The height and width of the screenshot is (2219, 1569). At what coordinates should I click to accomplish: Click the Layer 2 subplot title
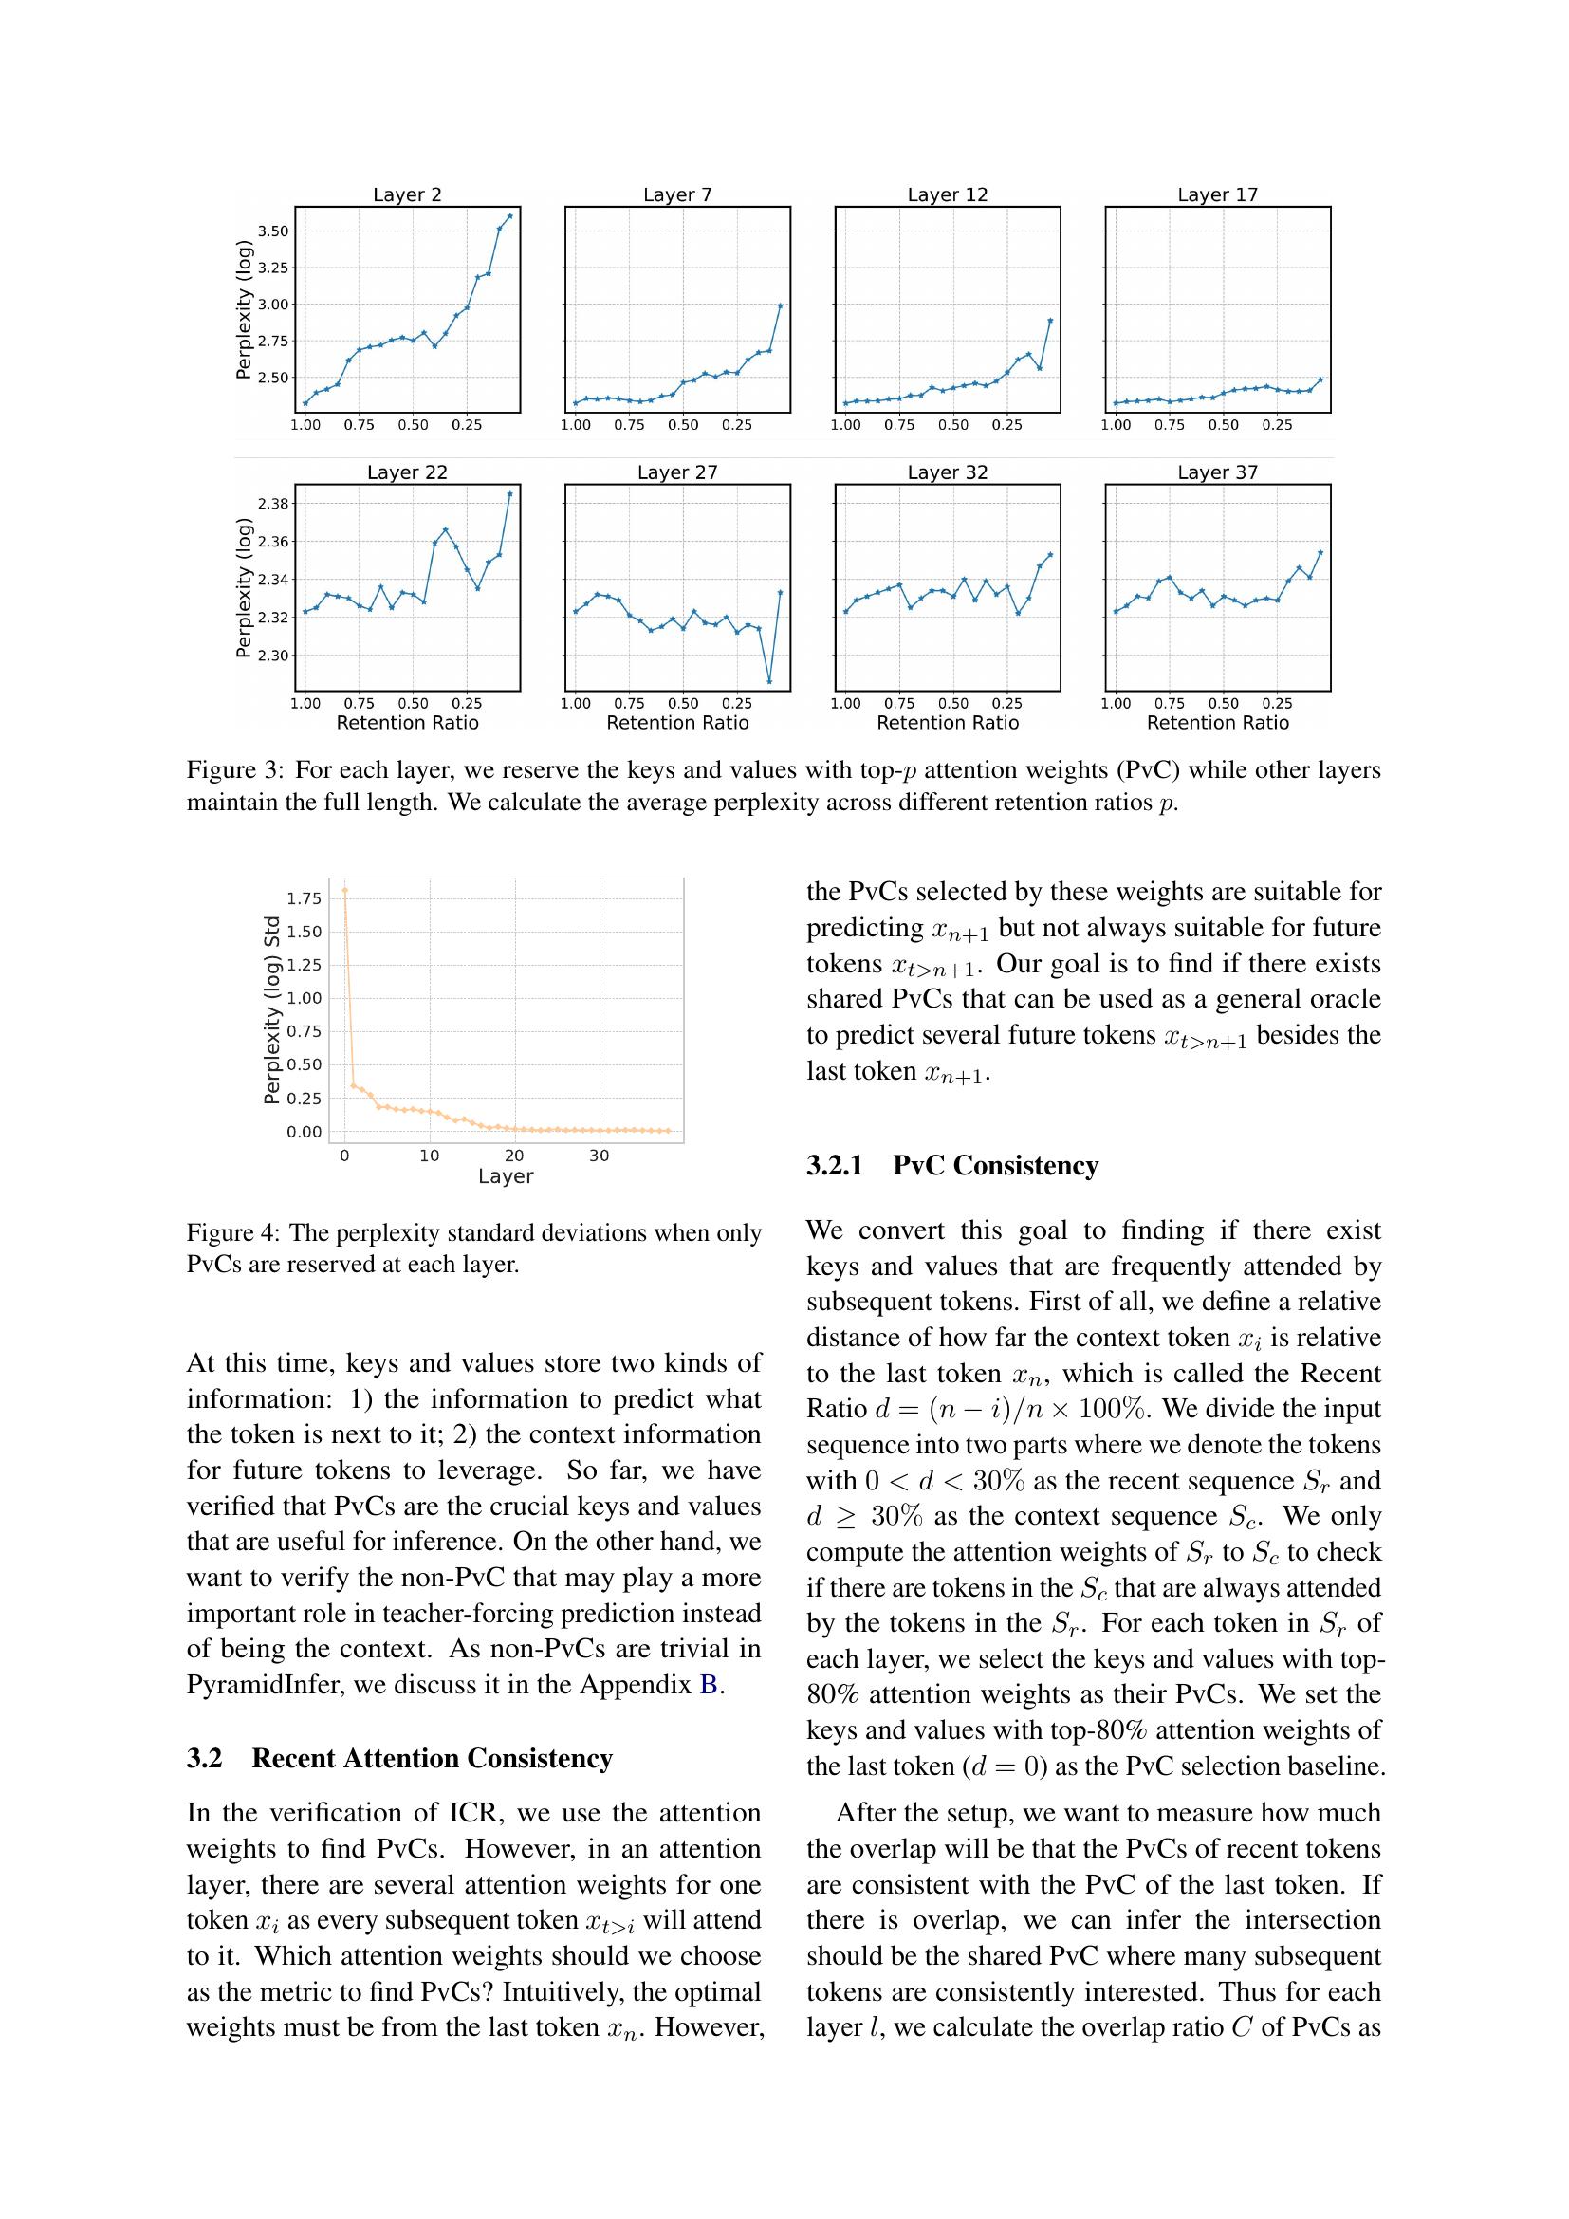coord(407,194)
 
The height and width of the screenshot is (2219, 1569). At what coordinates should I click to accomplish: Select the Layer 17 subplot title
coord(1217,194)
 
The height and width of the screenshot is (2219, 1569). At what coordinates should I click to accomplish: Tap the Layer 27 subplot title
coord(677,472)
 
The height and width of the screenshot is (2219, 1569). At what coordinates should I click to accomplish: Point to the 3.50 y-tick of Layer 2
coord(272,231)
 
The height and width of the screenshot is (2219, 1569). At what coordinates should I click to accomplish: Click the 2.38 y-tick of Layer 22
coord(272,504)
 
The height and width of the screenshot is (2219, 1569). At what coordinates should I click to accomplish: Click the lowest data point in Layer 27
coord(769,681)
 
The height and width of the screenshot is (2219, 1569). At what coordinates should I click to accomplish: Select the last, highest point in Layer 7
coord(781,305)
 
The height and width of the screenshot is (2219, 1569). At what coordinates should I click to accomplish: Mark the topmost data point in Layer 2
coord(510,216)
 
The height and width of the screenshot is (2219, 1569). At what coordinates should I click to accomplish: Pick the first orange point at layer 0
coord(345,890)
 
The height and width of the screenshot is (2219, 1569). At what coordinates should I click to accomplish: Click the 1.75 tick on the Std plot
coord(304,898)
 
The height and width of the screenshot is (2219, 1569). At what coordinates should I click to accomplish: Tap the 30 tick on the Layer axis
coord(599,1156)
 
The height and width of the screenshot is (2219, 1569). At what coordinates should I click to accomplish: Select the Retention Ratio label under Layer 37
coord(1217,723)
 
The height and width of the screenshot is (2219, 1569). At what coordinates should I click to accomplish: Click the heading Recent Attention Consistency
coord(432,1758)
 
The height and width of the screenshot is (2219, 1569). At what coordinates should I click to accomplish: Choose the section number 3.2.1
coord(835,1166)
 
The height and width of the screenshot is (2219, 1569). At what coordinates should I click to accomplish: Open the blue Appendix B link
coord(709,1685)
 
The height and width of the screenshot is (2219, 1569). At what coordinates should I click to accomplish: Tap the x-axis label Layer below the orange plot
coord(506,1176)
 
